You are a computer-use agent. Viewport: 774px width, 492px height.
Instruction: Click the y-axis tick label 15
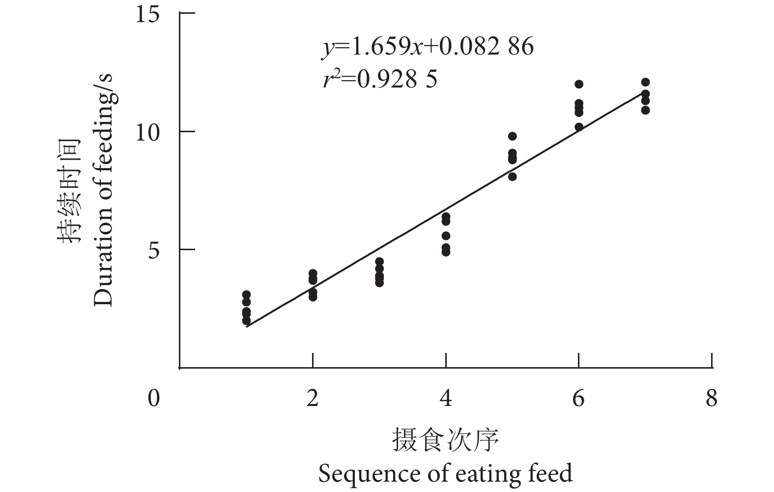pyautogui.click(x=148, y=14)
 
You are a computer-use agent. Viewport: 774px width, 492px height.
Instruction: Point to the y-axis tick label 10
pyautogui.click(x=148, y=132)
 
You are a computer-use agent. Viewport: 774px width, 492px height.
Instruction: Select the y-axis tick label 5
pyautogui.click(x=154, y=250)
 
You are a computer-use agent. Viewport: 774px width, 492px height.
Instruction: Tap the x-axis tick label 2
pyautogui.click(x=313, y=398)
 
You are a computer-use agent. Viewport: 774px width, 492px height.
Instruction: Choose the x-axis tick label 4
pyautogui.click(x=446, y=398)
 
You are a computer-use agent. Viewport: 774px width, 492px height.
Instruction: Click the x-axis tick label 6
pyautogui.click(x=578, y=398)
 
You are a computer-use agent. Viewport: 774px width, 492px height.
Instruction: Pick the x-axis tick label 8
pyautogui.click(x=712, y=398)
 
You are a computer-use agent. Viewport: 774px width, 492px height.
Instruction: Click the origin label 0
pyautogui.click(x=154, y=398)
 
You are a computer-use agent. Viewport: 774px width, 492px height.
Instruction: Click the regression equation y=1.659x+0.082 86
pyautogui.click(x=428, y=47)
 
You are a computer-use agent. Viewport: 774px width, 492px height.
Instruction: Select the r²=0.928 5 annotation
pyautogui.click(x=380, y=79)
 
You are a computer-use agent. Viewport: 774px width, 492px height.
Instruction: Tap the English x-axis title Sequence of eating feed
pyautogui.click(x=445, y=473)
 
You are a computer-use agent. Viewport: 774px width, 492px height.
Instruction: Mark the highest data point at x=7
pyautogui.click(x=645, y=82)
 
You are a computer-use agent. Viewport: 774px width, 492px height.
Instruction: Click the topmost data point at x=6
pyautogui.click(x=579, y=84)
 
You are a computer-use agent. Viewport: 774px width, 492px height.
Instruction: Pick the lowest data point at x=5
pyautogui.click(x=512, y=176)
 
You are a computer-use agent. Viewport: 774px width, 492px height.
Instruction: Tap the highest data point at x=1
pyautogui.click(x=246, y=294)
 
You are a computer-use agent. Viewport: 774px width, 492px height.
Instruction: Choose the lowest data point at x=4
pyautogui.click(x=446, y=252)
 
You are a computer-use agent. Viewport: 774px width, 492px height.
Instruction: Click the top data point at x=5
pyautogui.click(x=512, y=136)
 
